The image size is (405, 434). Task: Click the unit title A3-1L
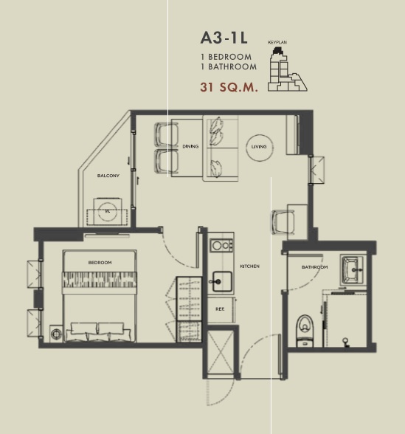(224, 38)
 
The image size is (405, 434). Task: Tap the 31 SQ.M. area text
(229, 87)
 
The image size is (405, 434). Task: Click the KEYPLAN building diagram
(287, 69)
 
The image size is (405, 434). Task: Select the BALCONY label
(108, 176)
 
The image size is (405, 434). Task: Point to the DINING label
(190, 146)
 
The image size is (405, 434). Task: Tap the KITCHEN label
(249, 266)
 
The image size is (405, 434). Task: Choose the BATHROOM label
(314, 267)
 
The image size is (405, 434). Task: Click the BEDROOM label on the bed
(100, 263)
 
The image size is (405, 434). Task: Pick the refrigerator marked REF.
(221, 309)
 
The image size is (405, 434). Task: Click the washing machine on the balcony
(108, 211)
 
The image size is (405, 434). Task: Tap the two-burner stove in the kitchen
(221, 245)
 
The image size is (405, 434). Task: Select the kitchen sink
(222, 281)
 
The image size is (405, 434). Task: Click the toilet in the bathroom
(305, 330)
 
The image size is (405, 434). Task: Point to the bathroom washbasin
(352, 269)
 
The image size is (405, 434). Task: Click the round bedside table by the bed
(56, 334)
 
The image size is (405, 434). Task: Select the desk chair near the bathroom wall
(282, 222)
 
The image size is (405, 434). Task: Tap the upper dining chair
(166, 134)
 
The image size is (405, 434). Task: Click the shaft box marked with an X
(221, 352)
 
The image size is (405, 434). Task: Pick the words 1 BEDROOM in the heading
(226, 57)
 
